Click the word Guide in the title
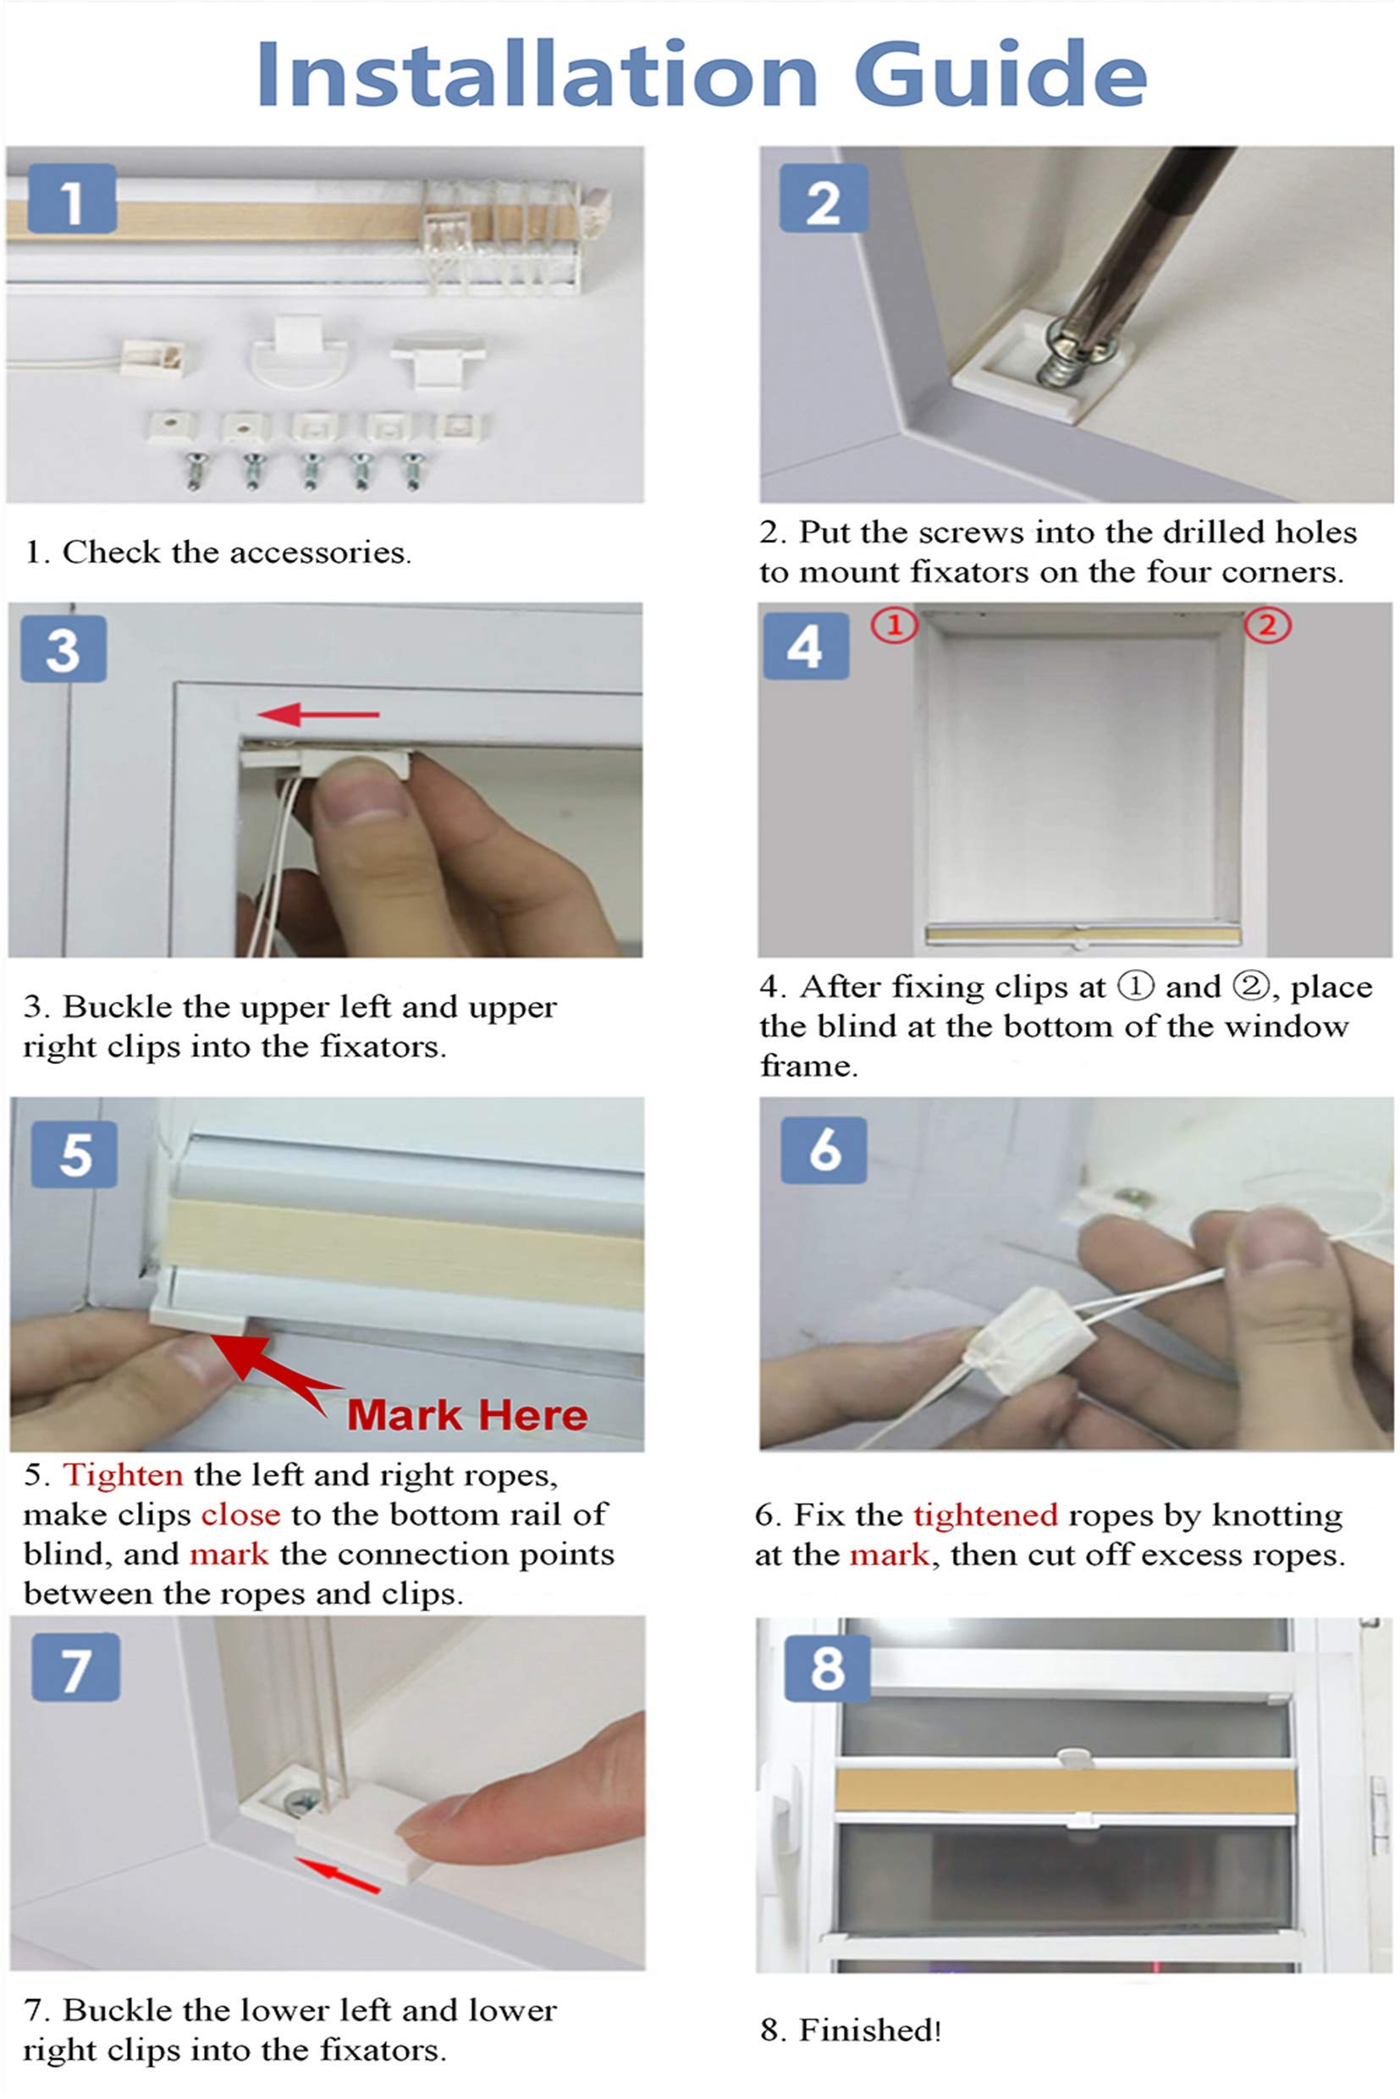1000,75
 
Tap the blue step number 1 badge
72,198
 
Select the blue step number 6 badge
824,1149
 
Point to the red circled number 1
894,625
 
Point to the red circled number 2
1268,625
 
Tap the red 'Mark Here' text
467,1414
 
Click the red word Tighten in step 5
124,1475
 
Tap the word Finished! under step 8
869,2030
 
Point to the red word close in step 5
240,1515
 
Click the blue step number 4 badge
805,647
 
